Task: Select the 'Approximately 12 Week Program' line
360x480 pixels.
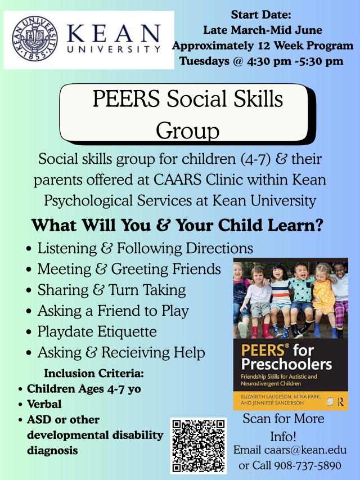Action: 263,46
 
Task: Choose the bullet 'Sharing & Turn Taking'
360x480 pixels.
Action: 111,290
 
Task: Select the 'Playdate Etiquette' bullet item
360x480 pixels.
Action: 97,331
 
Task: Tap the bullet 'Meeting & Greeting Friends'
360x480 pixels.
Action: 129,269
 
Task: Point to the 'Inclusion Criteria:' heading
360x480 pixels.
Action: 94,373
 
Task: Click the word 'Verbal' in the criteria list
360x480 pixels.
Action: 44,404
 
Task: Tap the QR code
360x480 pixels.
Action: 199,446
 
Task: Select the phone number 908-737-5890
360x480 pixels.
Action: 308,465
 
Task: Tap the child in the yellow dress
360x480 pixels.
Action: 323,298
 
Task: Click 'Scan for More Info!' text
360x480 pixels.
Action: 283,427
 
